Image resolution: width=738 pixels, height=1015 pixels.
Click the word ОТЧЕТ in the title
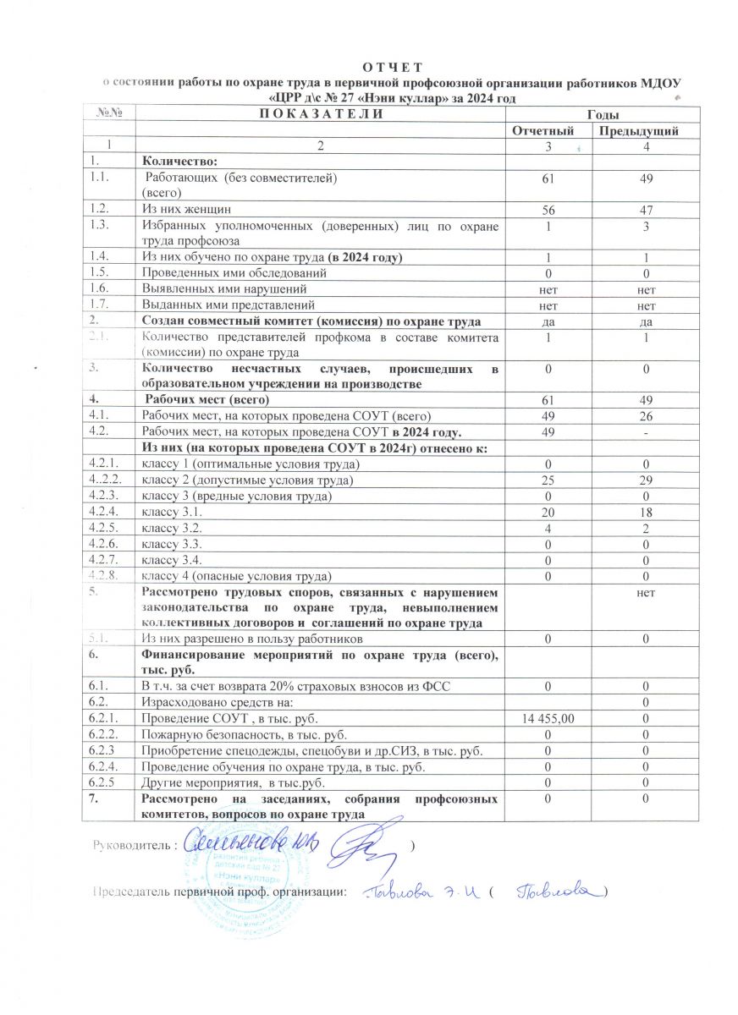390,66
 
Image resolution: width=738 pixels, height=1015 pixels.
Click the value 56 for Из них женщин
549,208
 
